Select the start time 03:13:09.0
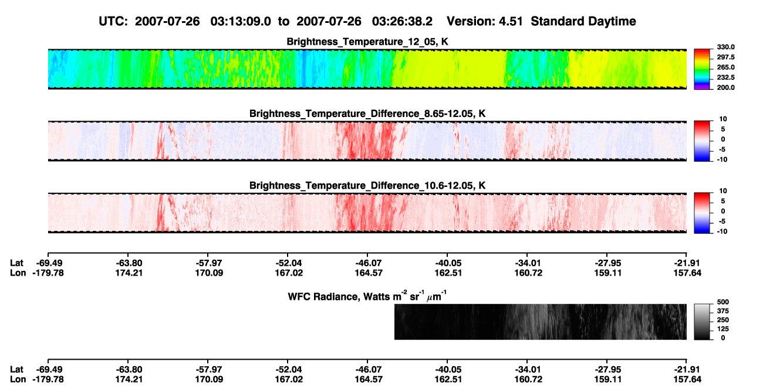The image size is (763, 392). tap(241, 21)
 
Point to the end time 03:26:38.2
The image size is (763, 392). tap(402, 21)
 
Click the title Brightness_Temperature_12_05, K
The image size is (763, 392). tap(367, 42)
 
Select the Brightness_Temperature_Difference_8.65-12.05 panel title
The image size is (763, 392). tap(367, 113)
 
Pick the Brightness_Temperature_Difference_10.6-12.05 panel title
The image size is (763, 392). tap(367, 186)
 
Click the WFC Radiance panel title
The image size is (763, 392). tap(367, 296)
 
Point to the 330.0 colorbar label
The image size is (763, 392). tap(725, 47)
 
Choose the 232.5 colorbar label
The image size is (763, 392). tap(725, 78)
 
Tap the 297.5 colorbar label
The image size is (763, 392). tap(725, 57)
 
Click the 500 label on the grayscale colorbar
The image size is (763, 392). tap(723, 302)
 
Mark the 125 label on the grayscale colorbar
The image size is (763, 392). tap(723, 329)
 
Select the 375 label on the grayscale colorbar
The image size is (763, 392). tap(723, 311)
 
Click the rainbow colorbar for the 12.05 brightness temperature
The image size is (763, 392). tap(702, 69)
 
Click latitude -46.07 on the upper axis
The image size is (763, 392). tap(369, 263)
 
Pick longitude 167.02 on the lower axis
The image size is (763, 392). tap(289, 380)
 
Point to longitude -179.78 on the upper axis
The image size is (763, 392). tap(48, 273)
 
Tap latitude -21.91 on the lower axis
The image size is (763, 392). tap(687, 370)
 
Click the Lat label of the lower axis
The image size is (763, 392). tap(16, 370)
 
